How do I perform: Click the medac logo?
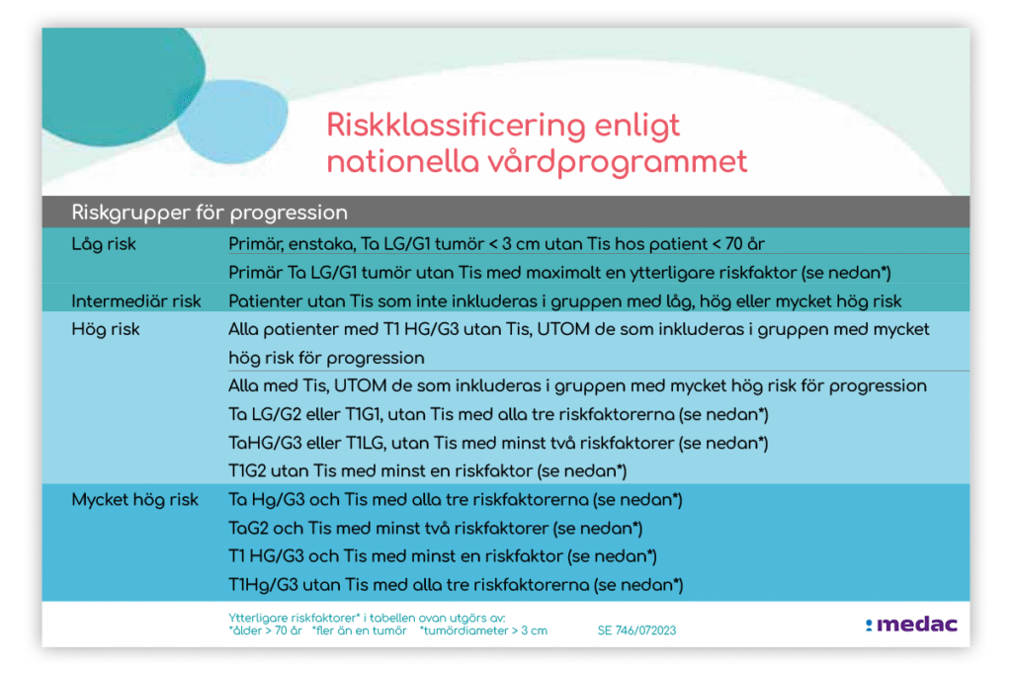pos(911,624)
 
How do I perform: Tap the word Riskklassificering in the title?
pos(456,126)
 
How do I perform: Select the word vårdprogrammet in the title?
pos(618,162)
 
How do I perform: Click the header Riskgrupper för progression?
pos(210,212)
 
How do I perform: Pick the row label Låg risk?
pos(104,244)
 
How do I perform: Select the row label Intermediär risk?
pos(136,301)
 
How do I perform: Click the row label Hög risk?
pos(106,330)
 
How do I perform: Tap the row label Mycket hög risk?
pos(134,500)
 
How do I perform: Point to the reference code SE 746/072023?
pos(637,631)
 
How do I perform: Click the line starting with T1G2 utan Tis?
pos(428,471)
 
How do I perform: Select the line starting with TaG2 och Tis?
pos(436,529)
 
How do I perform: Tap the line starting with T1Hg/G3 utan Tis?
pos(456,585)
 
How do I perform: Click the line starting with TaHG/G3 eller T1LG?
pos(498,444)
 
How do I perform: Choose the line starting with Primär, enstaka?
pos(496,244)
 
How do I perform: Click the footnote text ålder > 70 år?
pos(265,631)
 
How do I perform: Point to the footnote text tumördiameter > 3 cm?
pos(483,631)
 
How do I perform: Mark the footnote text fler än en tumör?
pos(360,631)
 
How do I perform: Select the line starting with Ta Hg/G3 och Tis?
pos(456,500)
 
